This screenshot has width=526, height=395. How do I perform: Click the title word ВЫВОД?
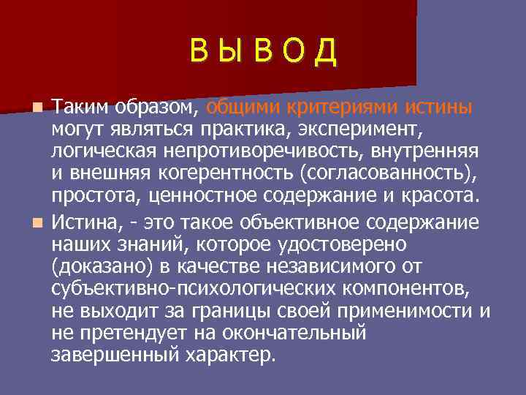click(263, 51)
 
